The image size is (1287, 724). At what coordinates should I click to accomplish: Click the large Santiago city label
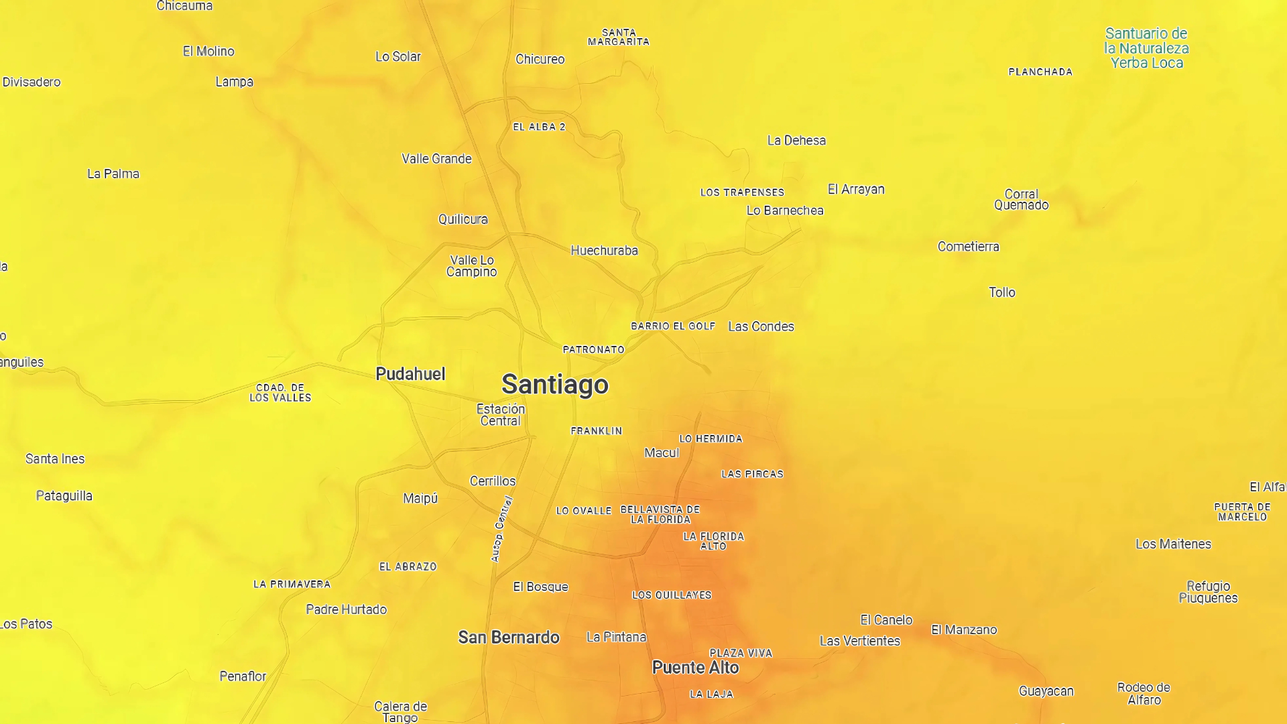pyautogui.click(x=555, y=385)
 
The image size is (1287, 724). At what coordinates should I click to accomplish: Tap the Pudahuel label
pyautogui.click(x=410, y=374)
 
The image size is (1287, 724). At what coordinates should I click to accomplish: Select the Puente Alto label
pyautogui.click(x=695, y=668)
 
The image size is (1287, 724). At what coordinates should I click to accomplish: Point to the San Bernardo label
pyautogui.click(x=509, y=638)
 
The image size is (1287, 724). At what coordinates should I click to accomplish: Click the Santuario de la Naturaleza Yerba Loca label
pyautogui.click(x=1146, y=48)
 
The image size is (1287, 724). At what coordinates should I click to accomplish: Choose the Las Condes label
pyautogui.click(x=761, y=326)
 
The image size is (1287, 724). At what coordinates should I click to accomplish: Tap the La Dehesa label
pyautogui.click(x=796, y=141)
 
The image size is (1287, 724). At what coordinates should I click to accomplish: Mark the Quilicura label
pyautogui.click(x=463, y=219)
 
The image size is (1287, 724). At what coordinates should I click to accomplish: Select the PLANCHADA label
pyautogui.click(x=1040, y=72)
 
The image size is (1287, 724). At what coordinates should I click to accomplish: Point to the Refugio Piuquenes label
pyautogui.click(x=1208, y=592)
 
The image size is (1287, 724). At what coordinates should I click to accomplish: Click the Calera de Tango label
pyautogui.click(x=400, y=712)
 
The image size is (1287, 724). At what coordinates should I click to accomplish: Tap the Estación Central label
pyautogui.click(x=501, y=415)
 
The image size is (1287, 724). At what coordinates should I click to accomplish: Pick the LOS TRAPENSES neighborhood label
pyautogui.click(x=742, y=192)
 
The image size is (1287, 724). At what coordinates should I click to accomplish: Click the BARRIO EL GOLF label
pyautogui.click(x=673, y=326)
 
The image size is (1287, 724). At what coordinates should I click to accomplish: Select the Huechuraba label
pyautogui.click(x=604, y=251)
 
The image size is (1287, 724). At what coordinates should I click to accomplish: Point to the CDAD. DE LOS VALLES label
pyautogui.click(x=280, y=393)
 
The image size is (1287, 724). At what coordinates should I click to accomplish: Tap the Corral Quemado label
pyautogui.click(x=1021, y=200)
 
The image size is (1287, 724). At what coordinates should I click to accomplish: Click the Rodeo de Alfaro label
pyautogui.click(x=1144, y=694)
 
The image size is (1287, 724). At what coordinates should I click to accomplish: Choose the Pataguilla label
pyautogui.click(x=64, y=496)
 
